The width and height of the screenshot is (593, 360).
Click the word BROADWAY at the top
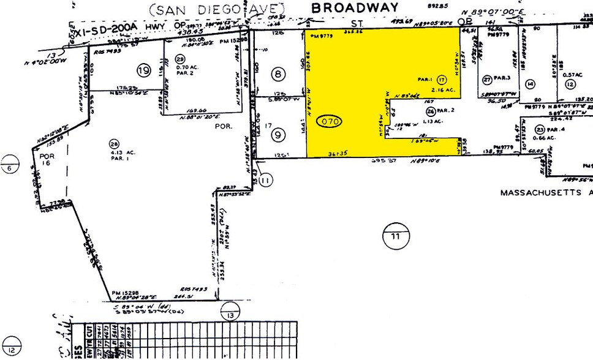point(355,7)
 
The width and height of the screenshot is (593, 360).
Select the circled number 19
point(144,70)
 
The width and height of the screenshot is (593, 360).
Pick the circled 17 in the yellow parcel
point(442,80)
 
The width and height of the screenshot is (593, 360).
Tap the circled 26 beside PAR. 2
point(431,111)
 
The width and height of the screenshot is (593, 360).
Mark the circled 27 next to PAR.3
point(488,79)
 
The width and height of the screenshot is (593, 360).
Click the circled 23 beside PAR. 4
point(540,129)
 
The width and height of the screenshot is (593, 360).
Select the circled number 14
point(531,83)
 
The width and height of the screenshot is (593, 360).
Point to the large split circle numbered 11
point(393,235)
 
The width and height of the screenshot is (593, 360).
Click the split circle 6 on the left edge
point(10,167)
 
